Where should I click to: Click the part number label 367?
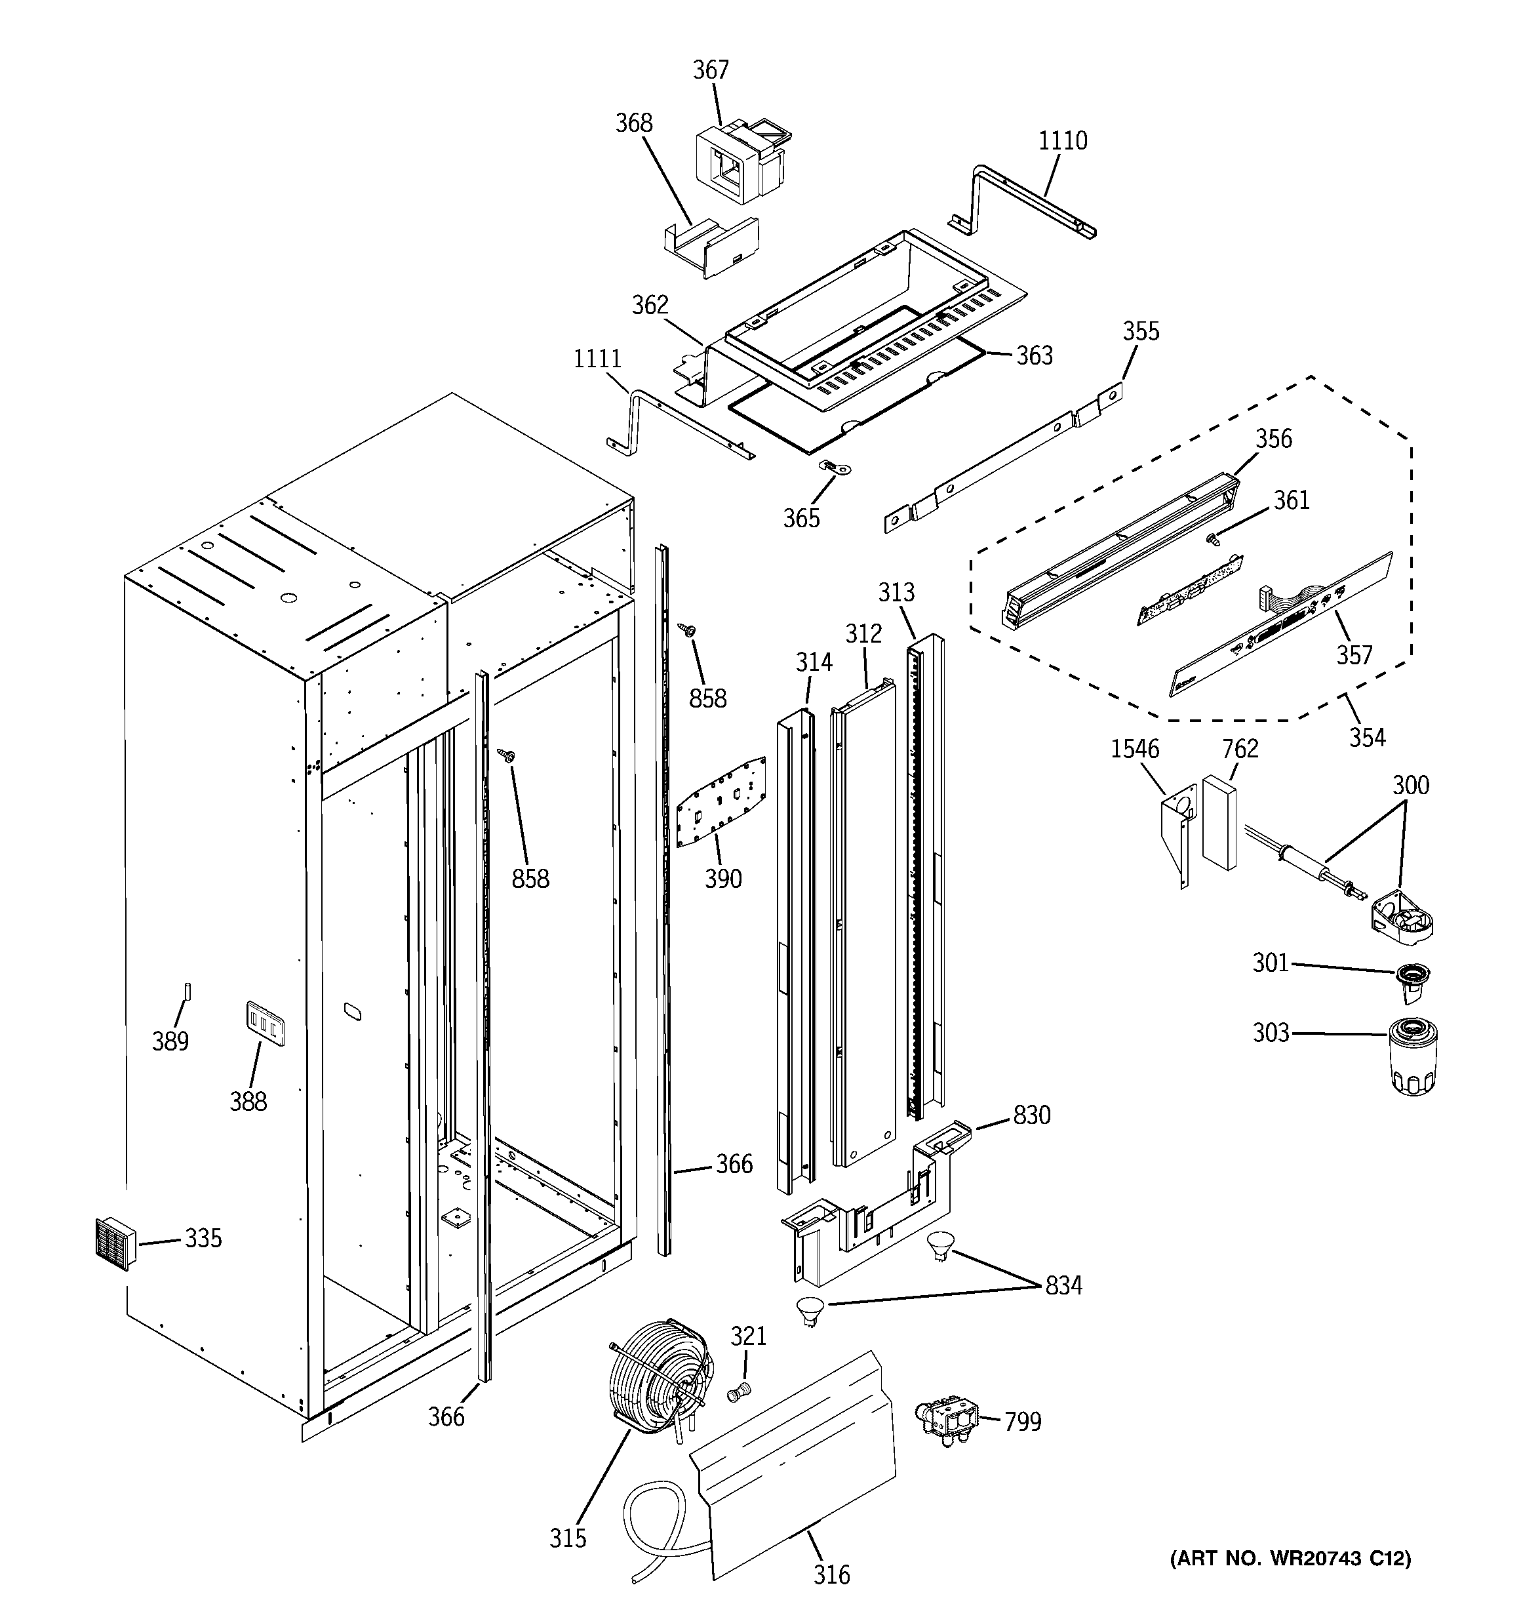click(x=710, y=70)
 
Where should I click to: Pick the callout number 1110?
click(x=1062, y=141)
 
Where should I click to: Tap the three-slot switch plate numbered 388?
click(x=266, y=1024)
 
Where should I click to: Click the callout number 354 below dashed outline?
click(x=1367, y=737)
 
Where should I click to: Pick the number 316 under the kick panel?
click(x=831, y=1574)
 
